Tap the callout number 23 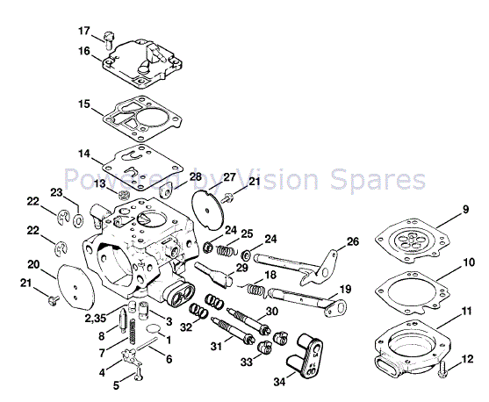pyautogui.click(x=55, y=192)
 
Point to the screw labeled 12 pyautogui.click(x=445, y=370)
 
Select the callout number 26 pyautogui.click(x=352, y=241)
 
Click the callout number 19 pyautogui.click(x=346, y=289)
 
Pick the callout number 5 pyautogui.click(x=115, y=384)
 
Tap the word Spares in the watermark pyautogui.click(x=385, y=181)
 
